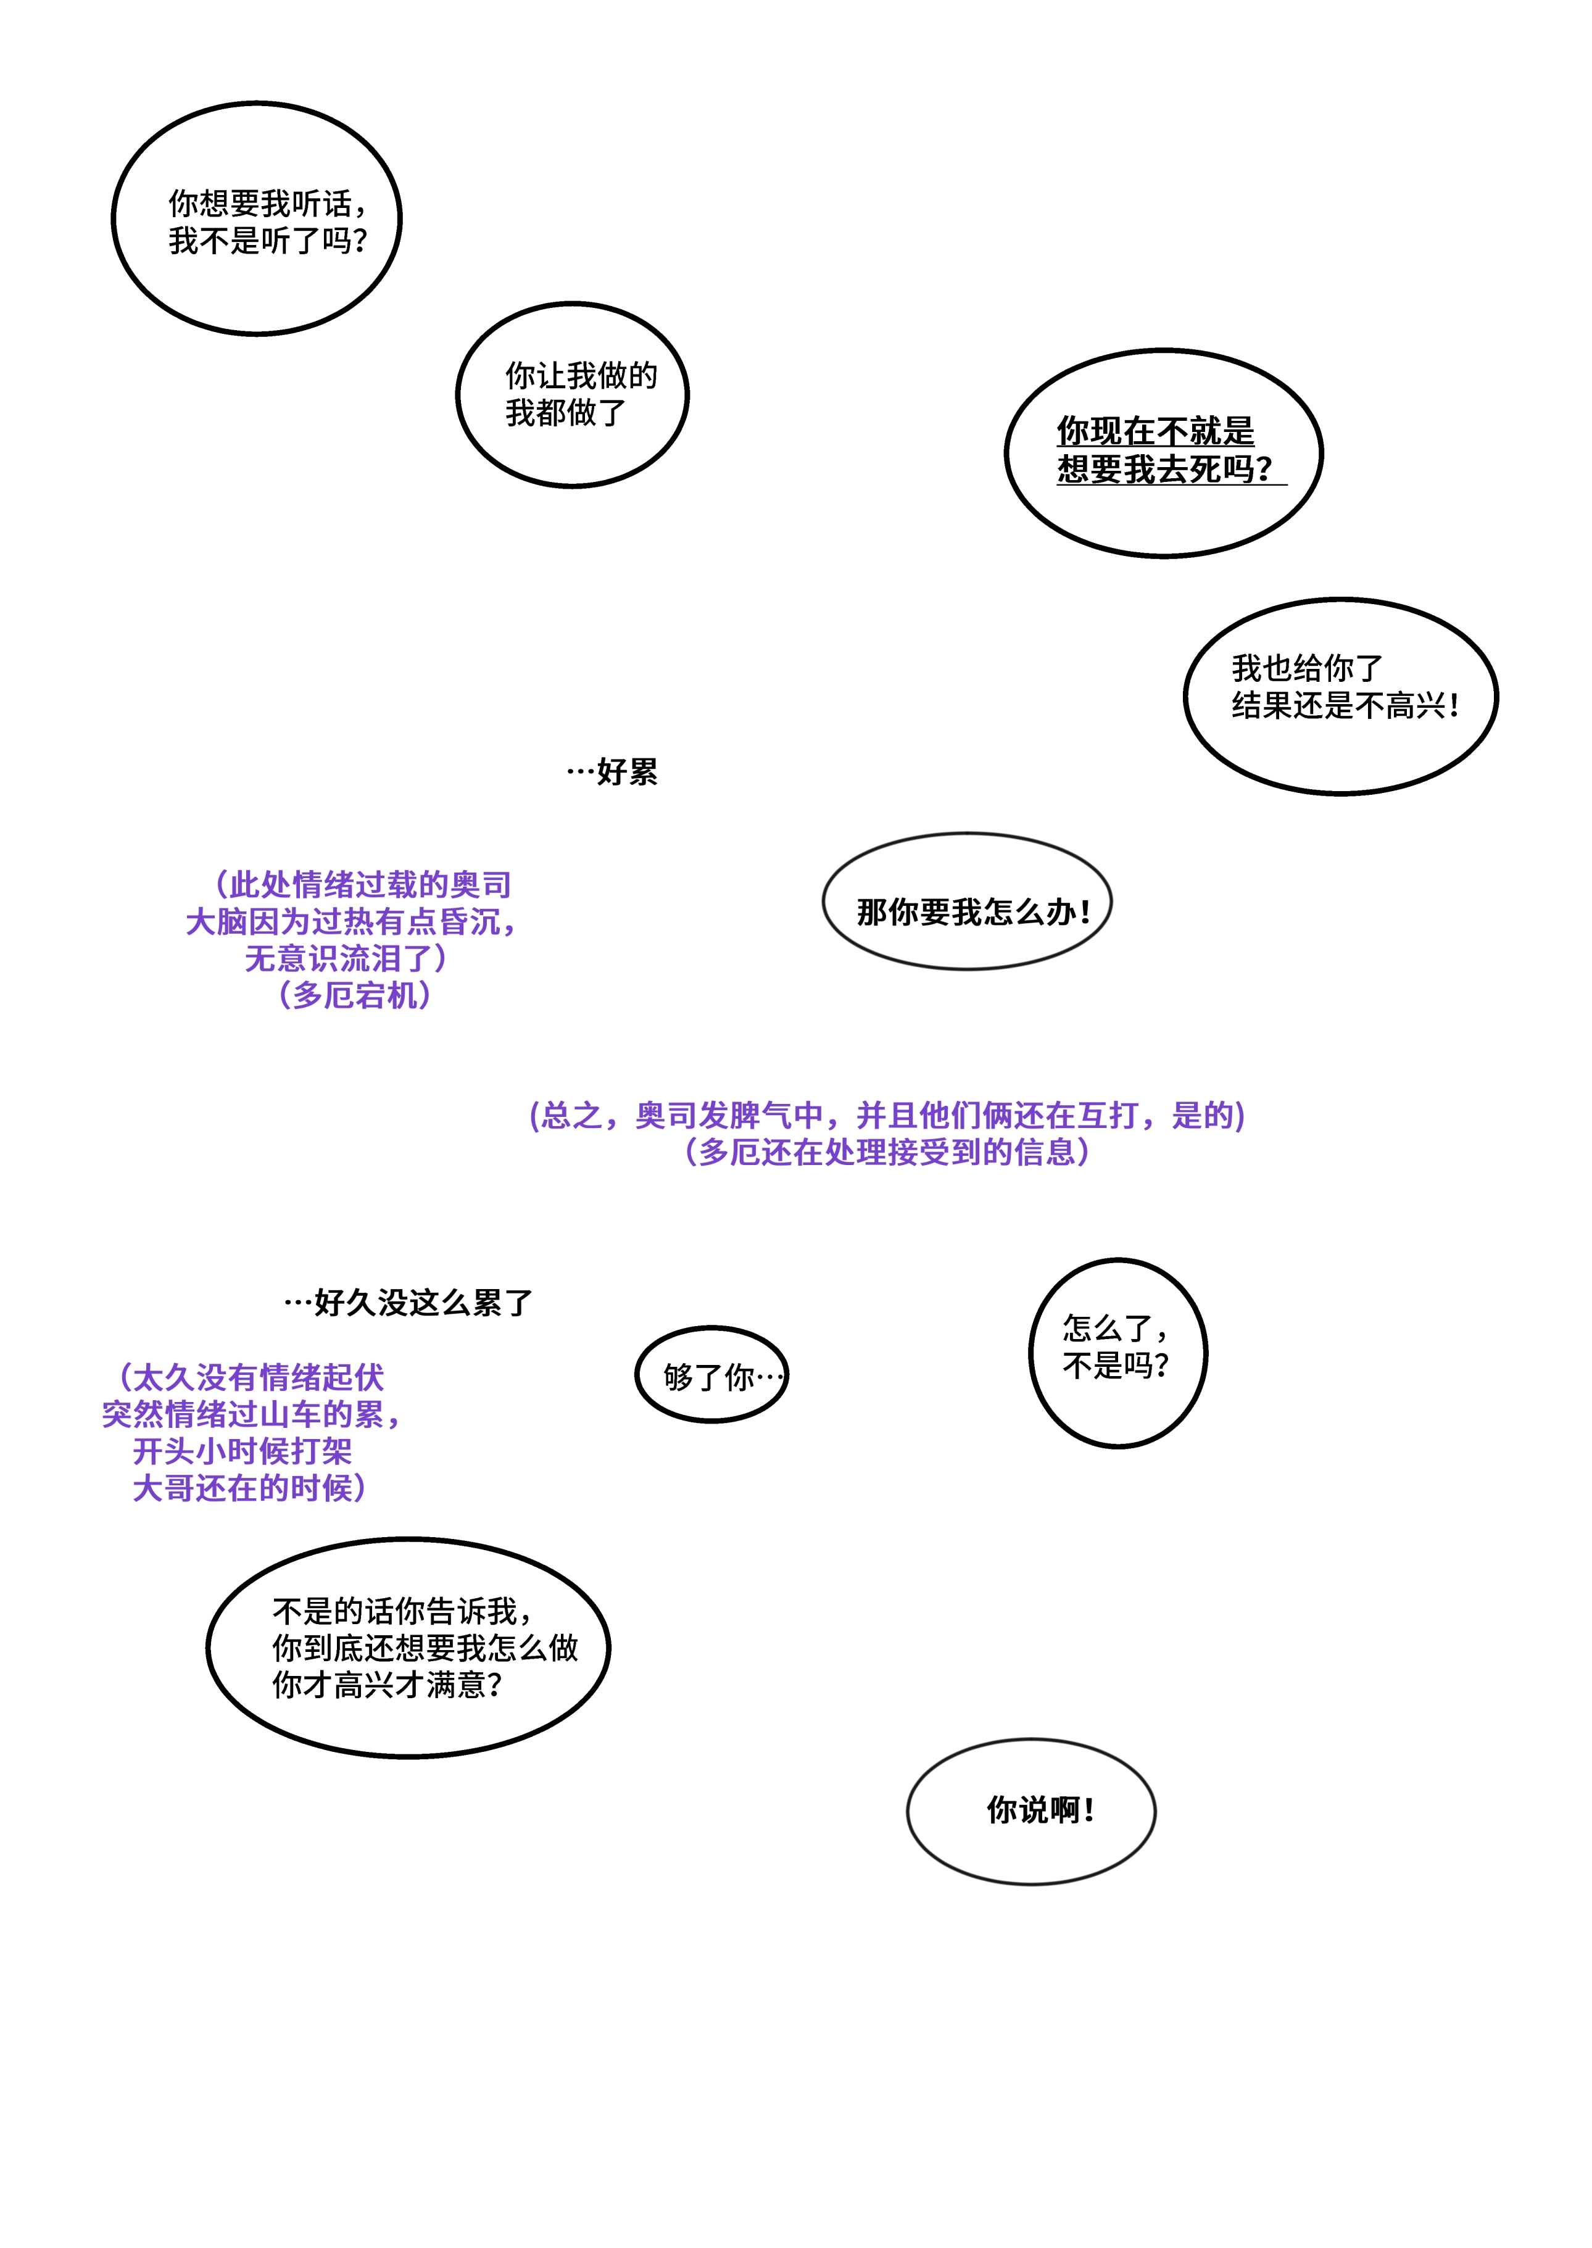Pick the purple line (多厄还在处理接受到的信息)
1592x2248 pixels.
tap(887, 1152)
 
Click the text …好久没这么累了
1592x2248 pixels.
tap(408, 1303)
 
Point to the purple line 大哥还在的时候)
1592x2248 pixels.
tap(250, 1488)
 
